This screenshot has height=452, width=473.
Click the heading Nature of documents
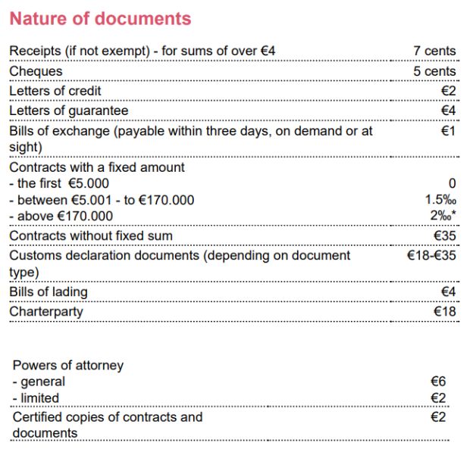point(100,18)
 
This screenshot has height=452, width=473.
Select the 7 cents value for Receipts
point(434,51)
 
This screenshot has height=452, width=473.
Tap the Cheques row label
point(36,71)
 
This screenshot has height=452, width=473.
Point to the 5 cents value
point(434,71)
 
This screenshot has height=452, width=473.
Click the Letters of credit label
point(55,91)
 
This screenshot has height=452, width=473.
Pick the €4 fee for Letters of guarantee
point(448,111)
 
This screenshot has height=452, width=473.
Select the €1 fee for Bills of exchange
point(448,131)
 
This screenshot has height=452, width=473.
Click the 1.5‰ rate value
point(440,200)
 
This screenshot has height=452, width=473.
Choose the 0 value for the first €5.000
point(452,183)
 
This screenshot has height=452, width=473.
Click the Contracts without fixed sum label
point(91,235)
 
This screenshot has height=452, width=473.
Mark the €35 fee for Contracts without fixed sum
point(444,235)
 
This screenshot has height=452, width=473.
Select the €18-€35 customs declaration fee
point(431,256)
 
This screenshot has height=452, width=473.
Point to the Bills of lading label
point(49,291)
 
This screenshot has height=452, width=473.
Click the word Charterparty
point(46,311)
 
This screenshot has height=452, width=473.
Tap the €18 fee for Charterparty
point(444,311)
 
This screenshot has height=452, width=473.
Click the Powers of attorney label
point(68,365)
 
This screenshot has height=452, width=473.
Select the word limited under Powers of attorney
point(40,397)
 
